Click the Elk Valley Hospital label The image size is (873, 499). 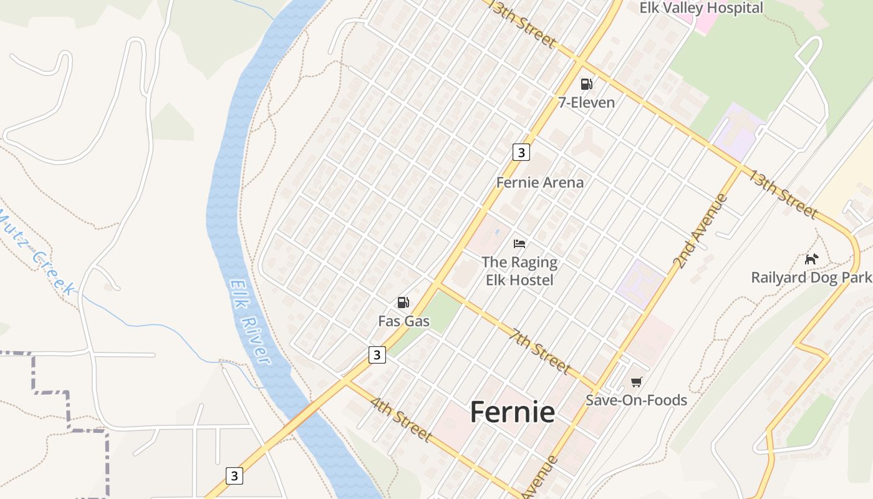tap(702, 8)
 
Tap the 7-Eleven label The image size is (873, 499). tap(586, 102)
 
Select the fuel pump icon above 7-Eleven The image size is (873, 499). tap(586, 84)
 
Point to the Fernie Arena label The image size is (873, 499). tap(540, 182)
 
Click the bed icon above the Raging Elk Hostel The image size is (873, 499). tap(519, 243)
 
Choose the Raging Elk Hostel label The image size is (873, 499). tap(519, 271)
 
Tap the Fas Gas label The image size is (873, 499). tap(404, 321)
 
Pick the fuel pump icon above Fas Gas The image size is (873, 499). tap(403, 303)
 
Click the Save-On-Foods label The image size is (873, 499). tap(636, 400)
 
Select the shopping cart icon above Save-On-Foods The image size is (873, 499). tap(636, 382)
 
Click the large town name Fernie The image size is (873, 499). tap(512, 412)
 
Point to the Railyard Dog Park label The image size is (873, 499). tap(811, 278)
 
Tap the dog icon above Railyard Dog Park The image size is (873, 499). tap(811, 259)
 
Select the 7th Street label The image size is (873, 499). tap(539, 351)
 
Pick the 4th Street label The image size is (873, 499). tap(401, 419)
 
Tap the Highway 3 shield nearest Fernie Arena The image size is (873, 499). tap(521, 152)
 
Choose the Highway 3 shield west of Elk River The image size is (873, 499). tap(234, 475)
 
